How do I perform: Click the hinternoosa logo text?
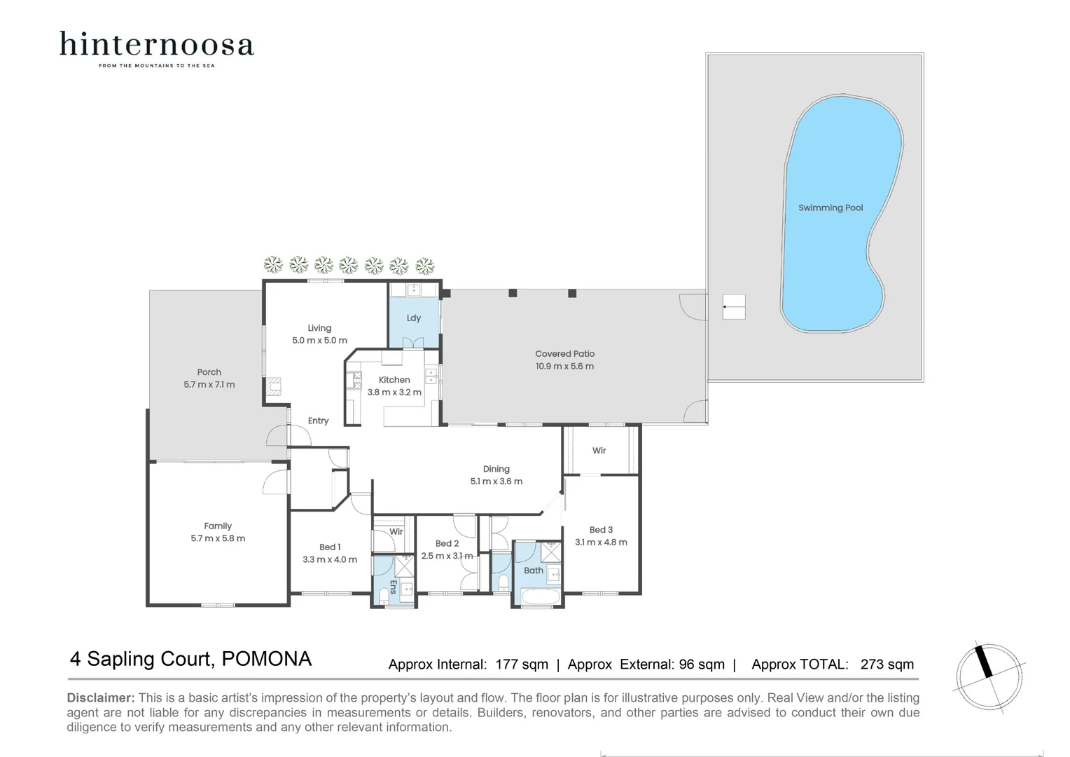[156, 44]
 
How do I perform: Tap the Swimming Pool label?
[831, 208]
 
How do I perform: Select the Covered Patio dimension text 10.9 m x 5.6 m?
[564, 367]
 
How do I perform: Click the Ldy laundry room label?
[414, 318]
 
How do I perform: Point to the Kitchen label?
[394, 380]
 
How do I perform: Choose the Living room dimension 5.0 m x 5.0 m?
[319, 341]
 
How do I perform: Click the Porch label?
[209, 372]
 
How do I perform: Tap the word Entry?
[318, 421]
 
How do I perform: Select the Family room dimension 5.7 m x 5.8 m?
[218, 538]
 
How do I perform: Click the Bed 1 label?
[330, 547]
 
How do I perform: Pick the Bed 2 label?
[447, 543]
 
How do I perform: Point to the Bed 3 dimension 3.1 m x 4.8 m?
[601, 543]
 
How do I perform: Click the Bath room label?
[534, 571]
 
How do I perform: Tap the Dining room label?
[496, 469]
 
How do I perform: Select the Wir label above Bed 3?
[599, 451]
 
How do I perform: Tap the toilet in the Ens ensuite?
[383, 596]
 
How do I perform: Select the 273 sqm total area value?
[887, 664]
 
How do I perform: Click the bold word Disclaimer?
[100, 698]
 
